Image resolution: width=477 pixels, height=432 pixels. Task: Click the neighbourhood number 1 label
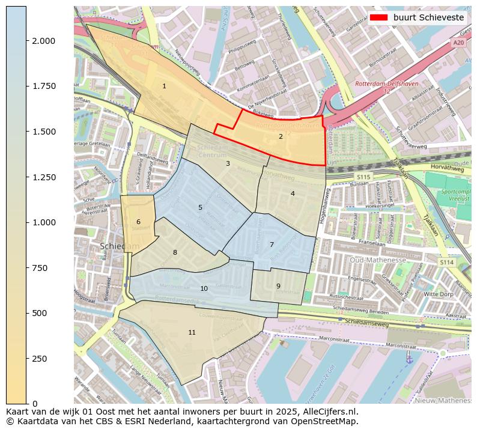(164, 87)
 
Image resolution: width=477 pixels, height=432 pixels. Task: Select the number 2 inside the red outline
(281, 137)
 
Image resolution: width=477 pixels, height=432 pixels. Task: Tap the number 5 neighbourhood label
(200, 208)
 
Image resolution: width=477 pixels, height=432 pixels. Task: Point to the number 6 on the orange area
(138, 222)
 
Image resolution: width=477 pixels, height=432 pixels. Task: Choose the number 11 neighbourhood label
(192, 333)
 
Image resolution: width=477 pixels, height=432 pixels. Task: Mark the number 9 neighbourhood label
(278, 287)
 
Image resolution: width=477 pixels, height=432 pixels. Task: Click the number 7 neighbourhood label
(272, 245)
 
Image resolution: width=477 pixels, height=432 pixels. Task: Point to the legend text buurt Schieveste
(428, 17)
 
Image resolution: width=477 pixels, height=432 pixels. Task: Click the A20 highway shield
(458, 43)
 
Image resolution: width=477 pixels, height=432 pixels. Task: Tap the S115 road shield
(363, 177)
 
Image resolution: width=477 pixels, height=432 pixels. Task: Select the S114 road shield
(446, 262)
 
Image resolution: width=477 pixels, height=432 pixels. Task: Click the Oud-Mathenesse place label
(377, 260)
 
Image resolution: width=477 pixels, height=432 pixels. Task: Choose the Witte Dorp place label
(439, 294)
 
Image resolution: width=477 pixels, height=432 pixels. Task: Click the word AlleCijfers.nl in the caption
(329, 412)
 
